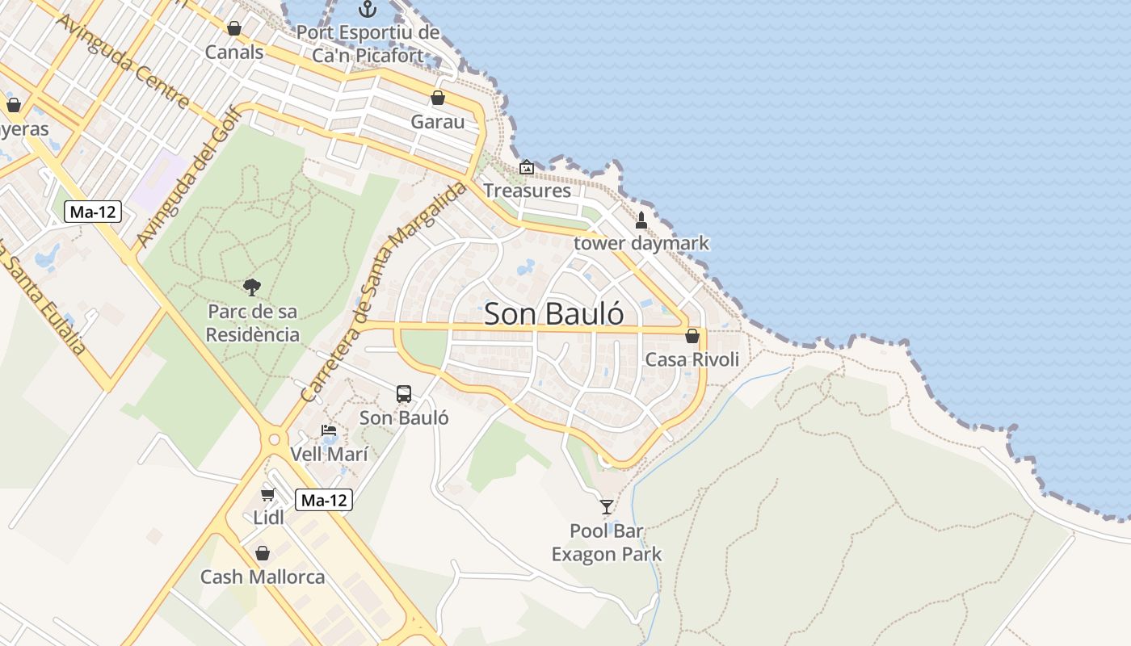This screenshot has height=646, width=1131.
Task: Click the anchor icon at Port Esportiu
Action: coord(368,9)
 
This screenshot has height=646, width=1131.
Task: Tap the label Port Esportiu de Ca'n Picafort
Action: coord(368,44)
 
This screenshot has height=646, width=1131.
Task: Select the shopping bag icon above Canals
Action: coord(234,28)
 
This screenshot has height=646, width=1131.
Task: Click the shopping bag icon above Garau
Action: coord(438,98)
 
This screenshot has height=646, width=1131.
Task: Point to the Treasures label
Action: coord(527,191)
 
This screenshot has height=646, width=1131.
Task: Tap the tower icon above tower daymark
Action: coord(641,220)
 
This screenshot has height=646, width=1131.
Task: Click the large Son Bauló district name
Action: coord(554,313)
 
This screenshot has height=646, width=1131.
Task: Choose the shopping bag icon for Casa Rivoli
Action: coord(692,336)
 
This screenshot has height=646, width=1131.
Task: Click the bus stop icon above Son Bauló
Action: coord(404,394)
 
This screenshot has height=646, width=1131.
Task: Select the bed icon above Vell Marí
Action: coord(329,430)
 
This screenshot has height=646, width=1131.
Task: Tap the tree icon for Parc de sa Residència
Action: coord(252,287)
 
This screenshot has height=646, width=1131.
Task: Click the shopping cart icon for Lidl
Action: coord(268,494)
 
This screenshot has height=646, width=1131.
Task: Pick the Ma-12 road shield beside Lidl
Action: coord(323,501)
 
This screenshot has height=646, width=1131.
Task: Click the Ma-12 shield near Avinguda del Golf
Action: coord(93,212)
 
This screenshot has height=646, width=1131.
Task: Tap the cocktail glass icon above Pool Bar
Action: coord(607,507)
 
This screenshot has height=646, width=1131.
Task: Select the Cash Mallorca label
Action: coord(263,577)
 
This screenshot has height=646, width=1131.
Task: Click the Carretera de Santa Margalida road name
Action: coord(384,291)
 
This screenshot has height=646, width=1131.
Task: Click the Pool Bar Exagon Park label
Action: coord(607,543)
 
